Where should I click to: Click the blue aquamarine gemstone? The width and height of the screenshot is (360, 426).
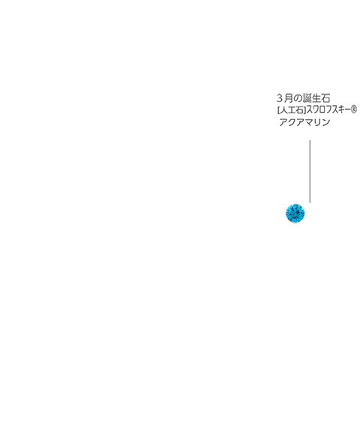tap(295, 213)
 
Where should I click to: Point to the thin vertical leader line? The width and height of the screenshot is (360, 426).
tap(310, 172)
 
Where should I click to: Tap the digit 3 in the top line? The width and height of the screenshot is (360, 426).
tap(280, 98)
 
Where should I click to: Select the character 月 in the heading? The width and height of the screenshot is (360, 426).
tap(289, 98)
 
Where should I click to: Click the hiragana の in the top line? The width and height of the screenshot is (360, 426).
tap(298, 98)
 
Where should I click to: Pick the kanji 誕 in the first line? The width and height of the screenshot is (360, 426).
tap(307, 98)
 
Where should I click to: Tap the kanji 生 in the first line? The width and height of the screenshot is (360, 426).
tap(316, 98)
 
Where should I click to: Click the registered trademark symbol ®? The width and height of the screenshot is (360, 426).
tap(353, 109)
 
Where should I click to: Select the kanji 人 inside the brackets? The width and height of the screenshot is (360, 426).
tap(283, 110)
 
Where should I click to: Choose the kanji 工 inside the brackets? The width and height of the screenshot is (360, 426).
tap(291, 110)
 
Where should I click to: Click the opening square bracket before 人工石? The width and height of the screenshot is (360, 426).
tap(278, 110)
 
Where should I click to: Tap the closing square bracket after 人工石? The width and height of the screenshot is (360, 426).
tap(304, 110)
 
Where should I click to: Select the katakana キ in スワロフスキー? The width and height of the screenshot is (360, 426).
tap(340, 110)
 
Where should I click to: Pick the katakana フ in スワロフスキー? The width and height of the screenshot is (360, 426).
tap(328, 110)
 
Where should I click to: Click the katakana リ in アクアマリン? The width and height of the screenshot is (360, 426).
tap(317, 122)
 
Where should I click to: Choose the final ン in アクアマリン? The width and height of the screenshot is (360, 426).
tap(325, 122)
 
